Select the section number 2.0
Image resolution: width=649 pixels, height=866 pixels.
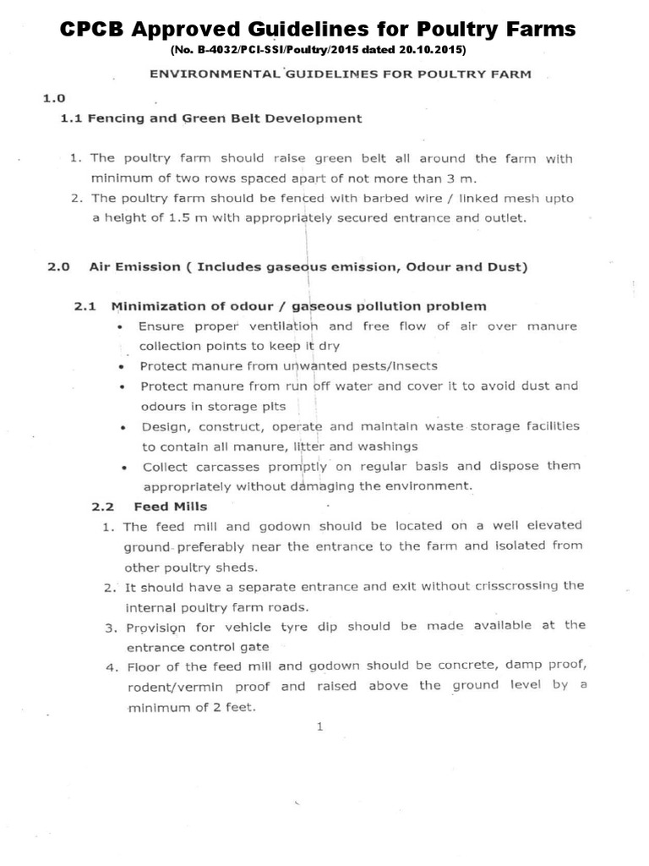57,267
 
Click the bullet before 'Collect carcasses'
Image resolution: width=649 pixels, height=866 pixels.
124,468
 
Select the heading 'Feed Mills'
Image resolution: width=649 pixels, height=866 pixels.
166,507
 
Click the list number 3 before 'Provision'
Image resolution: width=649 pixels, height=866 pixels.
109,628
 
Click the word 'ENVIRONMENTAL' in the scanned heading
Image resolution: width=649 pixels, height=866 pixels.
214,74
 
